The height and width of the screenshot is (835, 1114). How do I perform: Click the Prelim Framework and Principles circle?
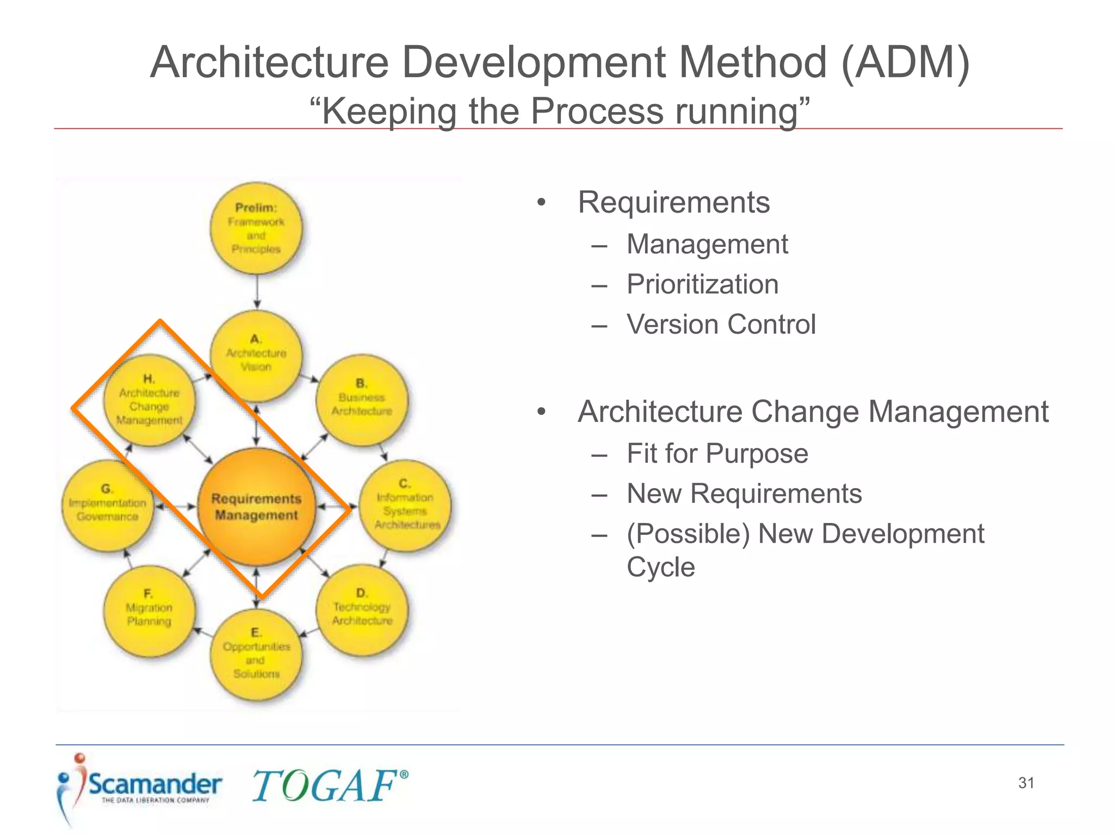click(x=256, y=228)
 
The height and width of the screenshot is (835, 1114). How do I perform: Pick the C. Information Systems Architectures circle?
click(x=405, y=506)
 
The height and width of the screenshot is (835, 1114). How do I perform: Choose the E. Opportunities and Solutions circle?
click(x=256, y=655)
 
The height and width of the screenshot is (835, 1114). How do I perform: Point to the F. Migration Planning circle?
click(x=149, y=611)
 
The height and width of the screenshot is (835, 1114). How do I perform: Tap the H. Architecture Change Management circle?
click(x=149, y=401)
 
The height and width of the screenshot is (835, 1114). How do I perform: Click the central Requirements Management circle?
click(x=256, y=507)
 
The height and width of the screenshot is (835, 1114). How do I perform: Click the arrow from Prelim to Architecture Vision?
click(x=257, y=291)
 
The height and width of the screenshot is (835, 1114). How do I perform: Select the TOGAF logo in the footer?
click(x=330, y=786)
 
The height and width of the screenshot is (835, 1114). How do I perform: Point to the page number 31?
click(x=1026, y=783)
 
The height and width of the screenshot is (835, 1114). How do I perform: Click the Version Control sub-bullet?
click(x=721, y=325)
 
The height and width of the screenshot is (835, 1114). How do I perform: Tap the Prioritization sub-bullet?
click(x=702, y=284)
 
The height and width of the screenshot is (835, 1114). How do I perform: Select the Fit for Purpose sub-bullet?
click(x=717, y=453)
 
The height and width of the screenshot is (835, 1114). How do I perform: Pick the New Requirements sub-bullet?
click(x=744, y=494)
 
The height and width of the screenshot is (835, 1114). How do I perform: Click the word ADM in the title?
click(x=905, y=62)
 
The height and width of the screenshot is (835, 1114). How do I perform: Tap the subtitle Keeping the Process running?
click(x=559, y=111)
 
